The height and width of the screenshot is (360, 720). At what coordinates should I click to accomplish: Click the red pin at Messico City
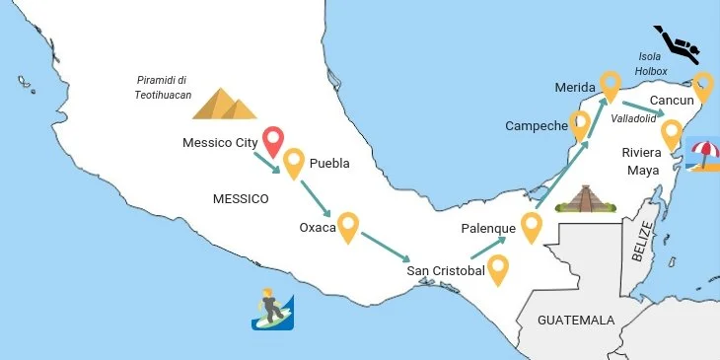(273, 141)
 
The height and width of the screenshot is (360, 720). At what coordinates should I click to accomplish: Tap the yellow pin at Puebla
(294, 162)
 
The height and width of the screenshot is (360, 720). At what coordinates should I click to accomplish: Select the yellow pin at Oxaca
(347, 226)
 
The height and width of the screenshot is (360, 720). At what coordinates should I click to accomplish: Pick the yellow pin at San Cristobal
(499, 268)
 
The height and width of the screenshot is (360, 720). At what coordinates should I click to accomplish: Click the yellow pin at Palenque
(533, 226)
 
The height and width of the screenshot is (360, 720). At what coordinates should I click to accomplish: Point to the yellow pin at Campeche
(579, 123)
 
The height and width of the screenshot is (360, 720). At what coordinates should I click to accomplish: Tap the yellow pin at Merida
(611, 86)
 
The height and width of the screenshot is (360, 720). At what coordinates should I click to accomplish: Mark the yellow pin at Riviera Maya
(672, 132)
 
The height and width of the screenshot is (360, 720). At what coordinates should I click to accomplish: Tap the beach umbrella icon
(704, 156)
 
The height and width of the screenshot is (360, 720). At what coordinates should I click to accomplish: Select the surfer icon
(270, 309)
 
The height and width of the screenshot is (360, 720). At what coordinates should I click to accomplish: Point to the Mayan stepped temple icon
(584, 199)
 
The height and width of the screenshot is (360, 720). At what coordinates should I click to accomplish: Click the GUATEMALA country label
(576, 321)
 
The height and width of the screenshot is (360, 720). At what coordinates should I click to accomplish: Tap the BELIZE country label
(642, 241)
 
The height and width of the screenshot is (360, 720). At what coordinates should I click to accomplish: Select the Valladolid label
(633, 118)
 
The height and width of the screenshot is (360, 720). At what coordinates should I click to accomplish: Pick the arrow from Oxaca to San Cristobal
(385, 245)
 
